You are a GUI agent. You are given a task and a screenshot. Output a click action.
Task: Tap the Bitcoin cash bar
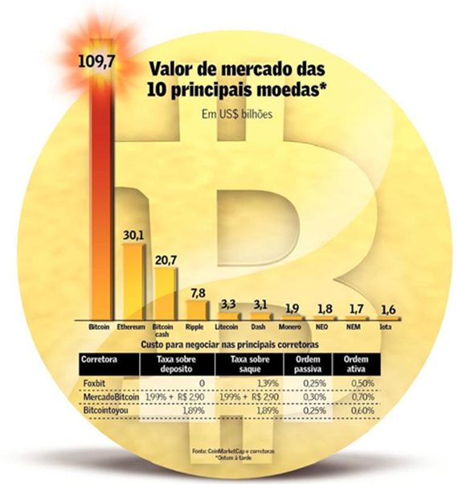point(164,293)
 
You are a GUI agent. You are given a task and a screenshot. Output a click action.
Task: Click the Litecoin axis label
point(228,328)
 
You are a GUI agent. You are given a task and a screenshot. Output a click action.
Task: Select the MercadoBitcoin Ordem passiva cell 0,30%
point(314,397)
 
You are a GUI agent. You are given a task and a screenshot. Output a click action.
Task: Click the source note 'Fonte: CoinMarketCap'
point(233,451)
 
